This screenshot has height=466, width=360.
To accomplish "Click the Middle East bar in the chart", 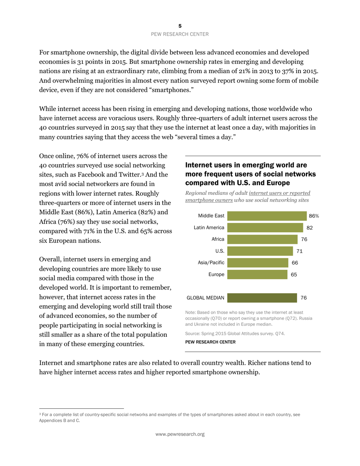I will click(267, 216).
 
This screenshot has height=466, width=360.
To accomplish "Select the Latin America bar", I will click(265, 228).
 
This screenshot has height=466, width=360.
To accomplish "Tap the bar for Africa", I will click(262, 239).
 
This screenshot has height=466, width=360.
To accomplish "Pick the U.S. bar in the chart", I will click(260, 251).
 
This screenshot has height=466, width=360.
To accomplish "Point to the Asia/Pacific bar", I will click(258, 263).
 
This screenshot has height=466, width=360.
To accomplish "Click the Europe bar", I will click(257, 274).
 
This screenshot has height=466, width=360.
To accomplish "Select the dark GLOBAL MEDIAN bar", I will click(262, 298).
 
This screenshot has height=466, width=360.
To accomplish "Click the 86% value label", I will click(314, 216).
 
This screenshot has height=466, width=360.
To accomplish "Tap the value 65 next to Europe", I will click(294, 274).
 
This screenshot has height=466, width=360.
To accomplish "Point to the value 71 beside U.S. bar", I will click(299, 251).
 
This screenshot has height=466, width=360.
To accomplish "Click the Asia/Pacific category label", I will click(211, 263).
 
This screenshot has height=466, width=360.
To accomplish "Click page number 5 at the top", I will click(180, 26).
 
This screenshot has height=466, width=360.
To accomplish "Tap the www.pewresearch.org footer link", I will click(180, 434).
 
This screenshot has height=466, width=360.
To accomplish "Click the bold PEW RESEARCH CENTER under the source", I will click(210, 342).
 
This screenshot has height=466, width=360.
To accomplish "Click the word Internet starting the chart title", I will click(202, 165).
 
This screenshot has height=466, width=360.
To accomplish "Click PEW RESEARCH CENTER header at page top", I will click(180, 34).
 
